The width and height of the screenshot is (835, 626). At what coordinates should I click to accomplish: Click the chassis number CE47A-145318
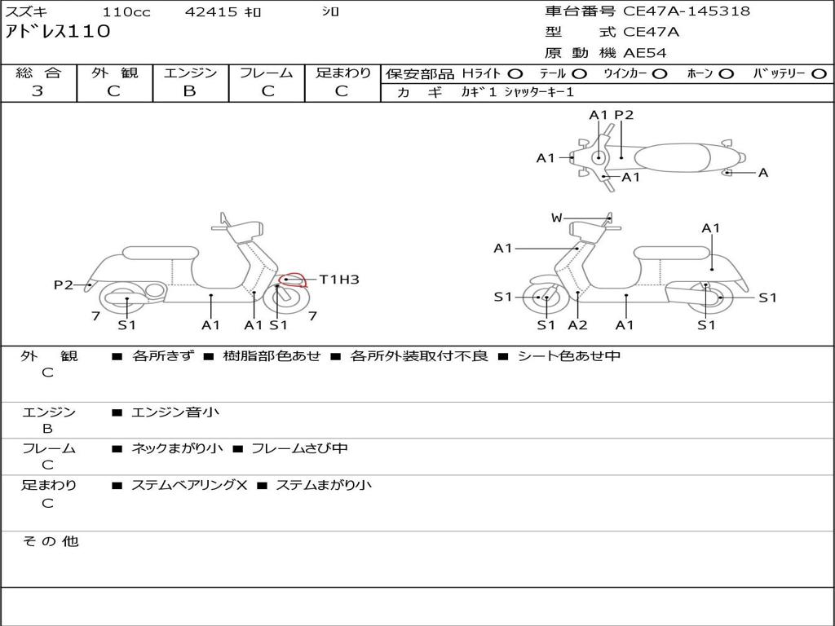(x=686, y=11)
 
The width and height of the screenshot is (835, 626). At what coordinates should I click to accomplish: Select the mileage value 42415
(x=211, y=12)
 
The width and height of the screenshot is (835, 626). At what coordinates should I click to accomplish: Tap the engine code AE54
(x=645, y=53)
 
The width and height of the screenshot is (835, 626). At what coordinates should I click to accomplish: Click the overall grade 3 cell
(x=38, y=91)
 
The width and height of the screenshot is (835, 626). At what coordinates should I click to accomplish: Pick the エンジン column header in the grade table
(x=190, y=73)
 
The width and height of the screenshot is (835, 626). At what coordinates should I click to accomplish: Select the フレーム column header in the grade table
(x=266, y=73)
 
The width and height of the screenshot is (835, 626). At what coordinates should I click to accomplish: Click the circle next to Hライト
(x=515, y=74)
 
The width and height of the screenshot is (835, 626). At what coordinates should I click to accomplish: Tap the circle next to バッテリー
(x=819, y=74)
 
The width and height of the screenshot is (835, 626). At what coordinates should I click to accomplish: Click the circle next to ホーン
(x=726, y=74)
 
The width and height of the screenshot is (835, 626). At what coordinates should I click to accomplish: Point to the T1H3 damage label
(x=338, y=280)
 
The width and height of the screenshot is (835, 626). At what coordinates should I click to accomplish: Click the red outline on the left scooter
(x=293, y=280)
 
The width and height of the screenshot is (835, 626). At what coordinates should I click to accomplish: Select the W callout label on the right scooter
(x=557, y=218)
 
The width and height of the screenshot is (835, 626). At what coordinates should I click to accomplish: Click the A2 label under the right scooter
(x=578, y=325)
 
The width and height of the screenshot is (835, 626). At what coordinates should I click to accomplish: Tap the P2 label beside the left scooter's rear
(x=64, y=284)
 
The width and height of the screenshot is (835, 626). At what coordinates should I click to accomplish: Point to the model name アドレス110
(x=58, y=33)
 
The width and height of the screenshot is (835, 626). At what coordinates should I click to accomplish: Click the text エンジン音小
(x=175, y=412)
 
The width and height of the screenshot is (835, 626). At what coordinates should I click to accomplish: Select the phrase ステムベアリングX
(x=189, y=485)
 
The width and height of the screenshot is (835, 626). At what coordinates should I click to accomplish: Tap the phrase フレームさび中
(x=300, y=448)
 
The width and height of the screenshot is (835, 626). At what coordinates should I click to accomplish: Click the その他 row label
(x=50, y=541)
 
